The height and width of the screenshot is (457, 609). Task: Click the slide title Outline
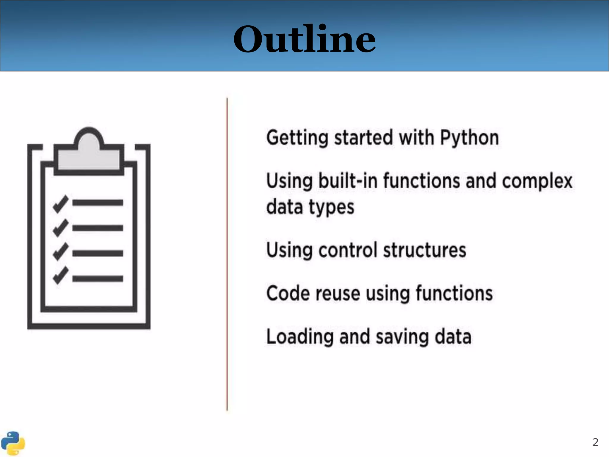point(304,39)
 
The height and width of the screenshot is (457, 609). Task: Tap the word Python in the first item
point(469,138)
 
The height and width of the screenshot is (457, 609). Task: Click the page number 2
point(595,442)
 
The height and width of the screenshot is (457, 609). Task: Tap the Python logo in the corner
point(13,443)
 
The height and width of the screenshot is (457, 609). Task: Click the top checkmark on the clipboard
point(61,204)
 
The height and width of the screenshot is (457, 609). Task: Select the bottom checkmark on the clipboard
point(61,275)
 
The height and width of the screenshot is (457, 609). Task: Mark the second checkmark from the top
point(61,228)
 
